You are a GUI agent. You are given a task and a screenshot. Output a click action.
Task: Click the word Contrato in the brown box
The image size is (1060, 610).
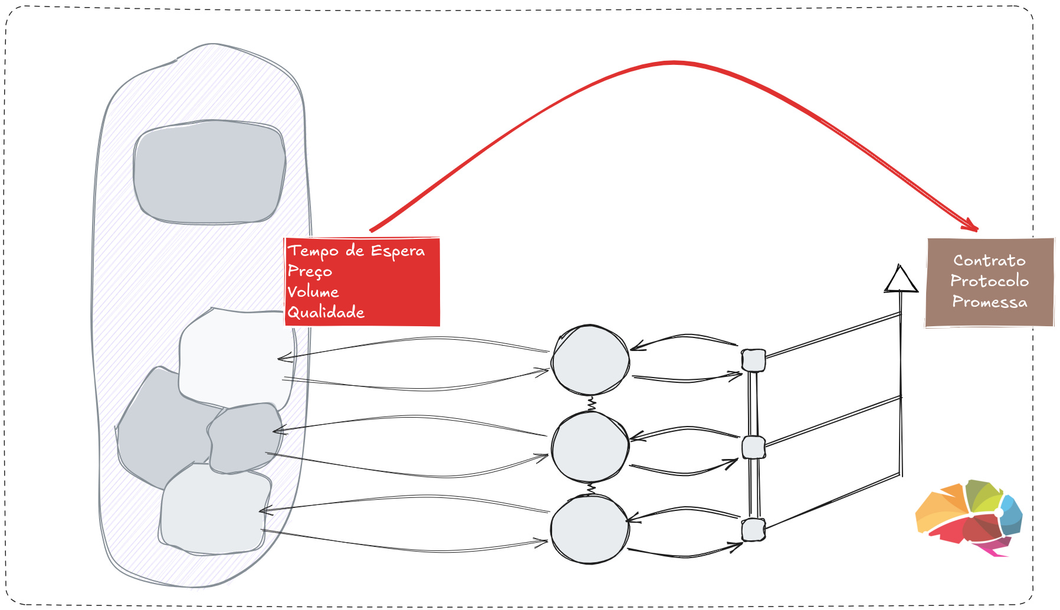point(989,260)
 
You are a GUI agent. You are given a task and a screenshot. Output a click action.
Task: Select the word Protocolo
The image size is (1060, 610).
point(989,281)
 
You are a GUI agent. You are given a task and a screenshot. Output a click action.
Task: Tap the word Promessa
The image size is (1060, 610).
point(989,301)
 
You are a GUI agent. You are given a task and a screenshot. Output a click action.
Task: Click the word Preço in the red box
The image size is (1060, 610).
point(310,271)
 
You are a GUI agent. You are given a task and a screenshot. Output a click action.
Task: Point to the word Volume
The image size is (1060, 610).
point(313,291)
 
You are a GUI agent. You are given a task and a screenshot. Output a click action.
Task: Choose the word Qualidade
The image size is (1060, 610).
point(326,312)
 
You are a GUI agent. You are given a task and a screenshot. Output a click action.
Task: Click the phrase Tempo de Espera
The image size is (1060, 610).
point(356,251)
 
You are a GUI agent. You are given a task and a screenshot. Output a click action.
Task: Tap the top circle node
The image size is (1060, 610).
point(590,360)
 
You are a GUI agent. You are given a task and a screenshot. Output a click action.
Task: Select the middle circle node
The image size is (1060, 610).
point(590,447)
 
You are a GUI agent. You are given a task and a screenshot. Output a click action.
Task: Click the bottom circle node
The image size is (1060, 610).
point(590,529)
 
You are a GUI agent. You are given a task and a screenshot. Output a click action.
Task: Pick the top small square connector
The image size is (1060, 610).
point(753,360)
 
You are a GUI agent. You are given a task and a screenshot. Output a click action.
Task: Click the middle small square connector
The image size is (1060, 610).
point(753,448)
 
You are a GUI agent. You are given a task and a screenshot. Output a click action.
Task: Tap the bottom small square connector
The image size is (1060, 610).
point(753,530)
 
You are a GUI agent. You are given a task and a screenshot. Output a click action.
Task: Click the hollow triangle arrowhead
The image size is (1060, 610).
point(900,280)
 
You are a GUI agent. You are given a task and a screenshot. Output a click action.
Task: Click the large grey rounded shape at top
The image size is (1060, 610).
point(209,172)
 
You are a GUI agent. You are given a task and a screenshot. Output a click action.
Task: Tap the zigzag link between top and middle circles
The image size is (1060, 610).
point(591,404)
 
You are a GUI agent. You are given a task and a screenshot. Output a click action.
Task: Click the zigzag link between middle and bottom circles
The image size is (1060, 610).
point(590,489)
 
